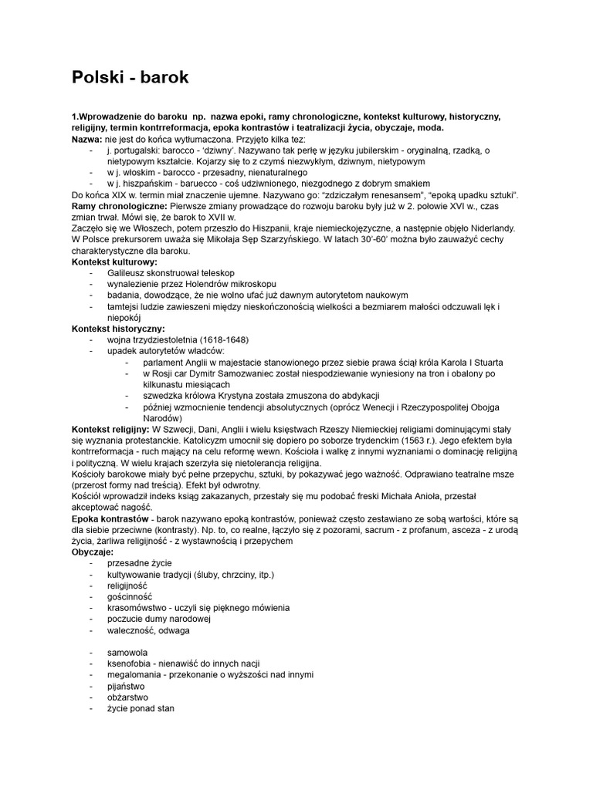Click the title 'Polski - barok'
(x=130, y=77)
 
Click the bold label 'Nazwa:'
(x=86, y=138)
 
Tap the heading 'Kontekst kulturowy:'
(x=114, y=262)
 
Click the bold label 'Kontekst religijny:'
(x=110, y=428)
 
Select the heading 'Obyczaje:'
(x=92, y=553)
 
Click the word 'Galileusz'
(x=128, y=274)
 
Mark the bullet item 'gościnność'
(x=130, y=596)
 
